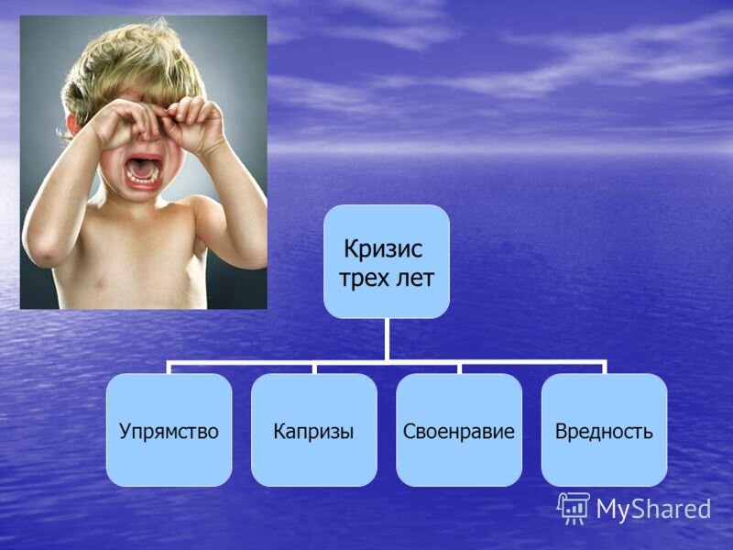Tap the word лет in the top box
click(412, 278)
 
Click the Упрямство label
click(169, 430)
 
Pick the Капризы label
click(313, 430)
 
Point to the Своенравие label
click(459, 430)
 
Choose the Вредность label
click(604, 430)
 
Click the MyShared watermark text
click(653, 509)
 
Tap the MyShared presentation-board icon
click(574, 507)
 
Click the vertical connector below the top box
click(386, 339)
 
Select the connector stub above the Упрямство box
click(169, 368)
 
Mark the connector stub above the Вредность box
click(604, 368)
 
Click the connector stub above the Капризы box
click(313, 368)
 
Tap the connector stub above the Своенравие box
click(459, 368)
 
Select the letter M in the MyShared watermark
click(609, 509)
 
